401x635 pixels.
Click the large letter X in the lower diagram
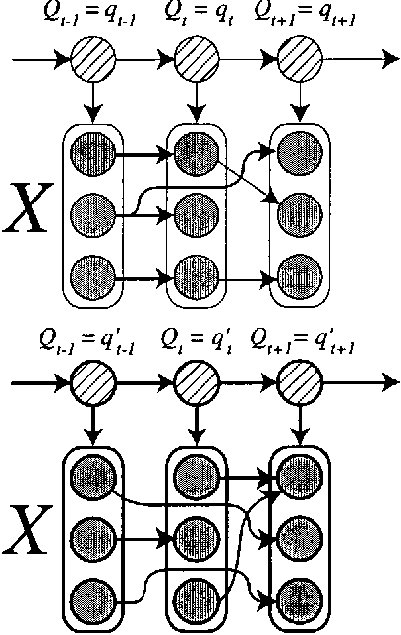coord(27,534)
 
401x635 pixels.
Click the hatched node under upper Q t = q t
coord(194,60)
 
